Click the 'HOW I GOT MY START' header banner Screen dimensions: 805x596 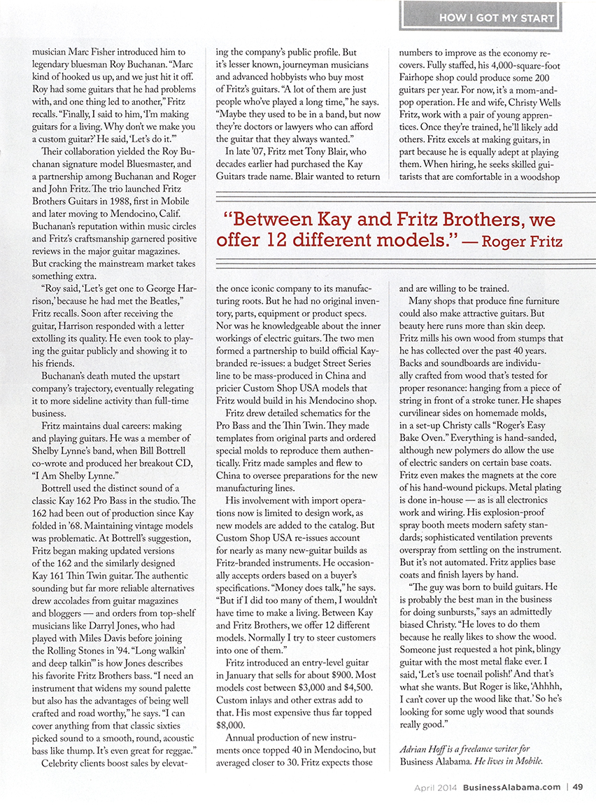point(497,17)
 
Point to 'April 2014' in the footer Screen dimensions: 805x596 point(436,787)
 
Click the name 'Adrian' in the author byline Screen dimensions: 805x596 point(415,748)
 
